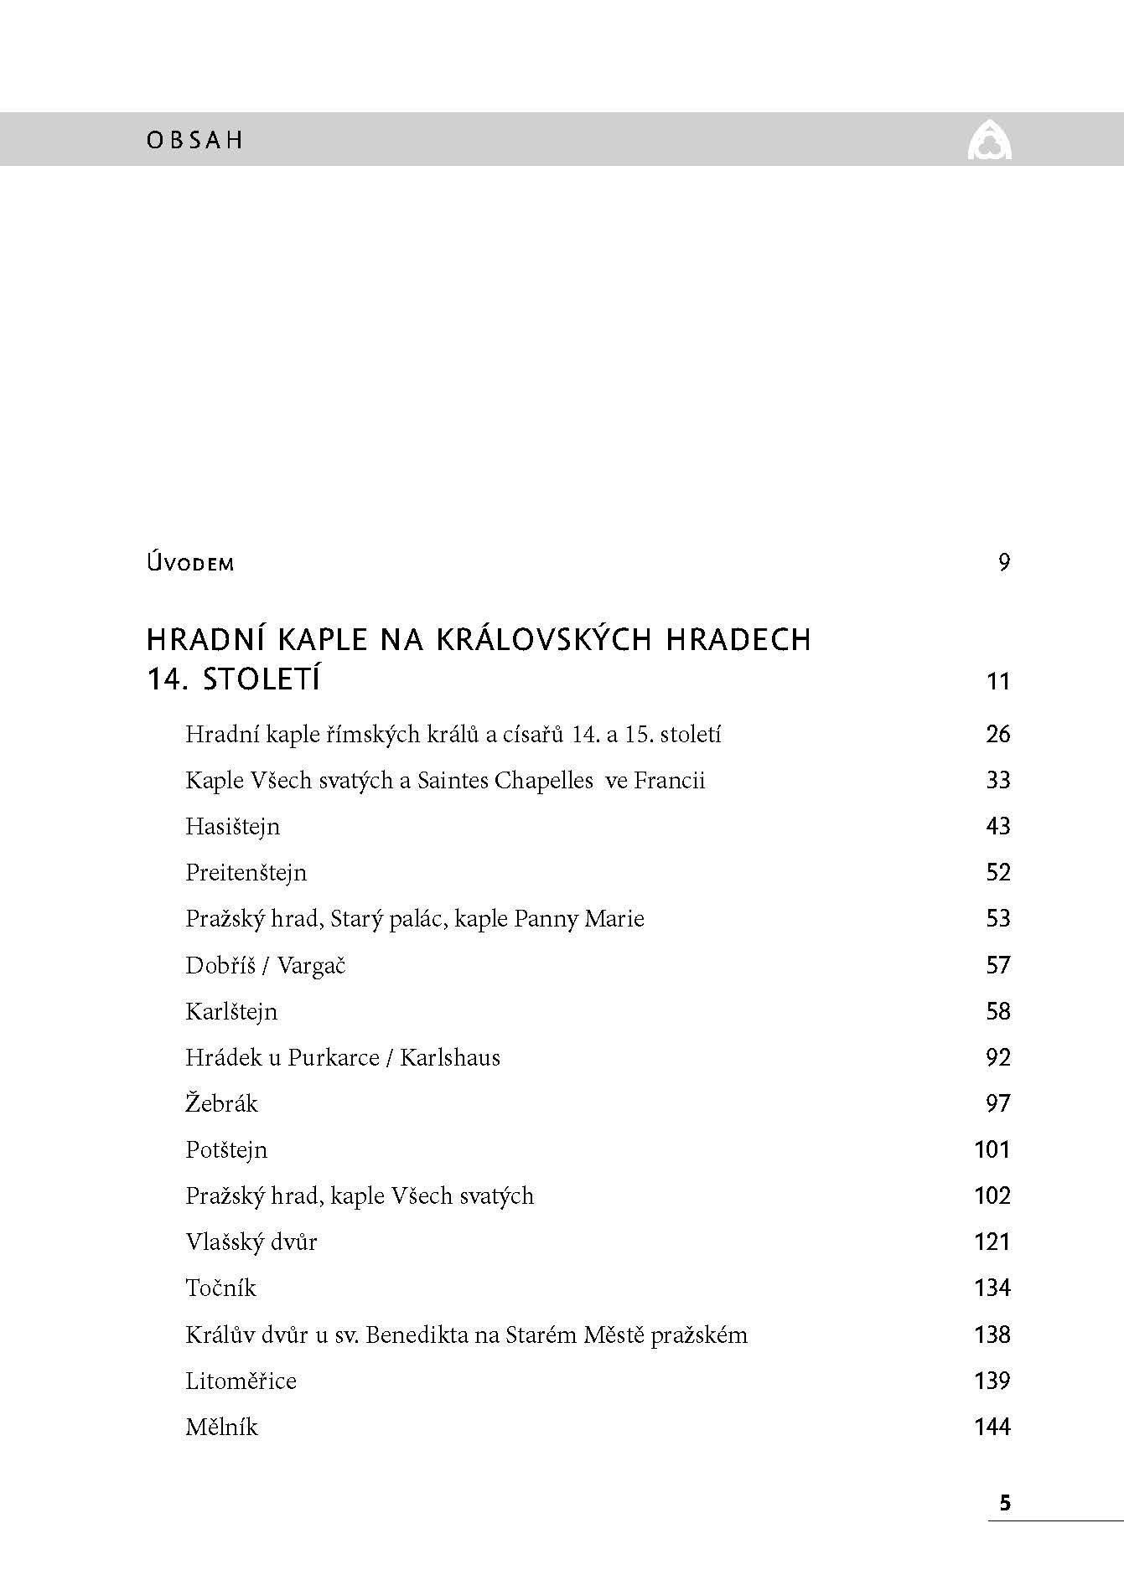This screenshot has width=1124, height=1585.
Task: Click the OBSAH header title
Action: [194, 140]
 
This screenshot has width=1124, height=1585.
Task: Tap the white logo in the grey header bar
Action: [989, 139]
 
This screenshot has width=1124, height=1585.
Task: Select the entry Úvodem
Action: [190, 563]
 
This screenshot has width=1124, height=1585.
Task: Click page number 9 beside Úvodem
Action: [1004, 562]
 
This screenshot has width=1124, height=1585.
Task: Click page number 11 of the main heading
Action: [997, 681]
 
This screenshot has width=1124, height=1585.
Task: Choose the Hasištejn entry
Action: [232, 827]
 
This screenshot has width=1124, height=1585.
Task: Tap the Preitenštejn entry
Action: [246, 873]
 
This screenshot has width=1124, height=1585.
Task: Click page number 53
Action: [997, 919]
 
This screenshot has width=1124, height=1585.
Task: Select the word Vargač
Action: [311, 966]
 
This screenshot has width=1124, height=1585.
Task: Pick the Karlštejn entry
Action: [230, 1012]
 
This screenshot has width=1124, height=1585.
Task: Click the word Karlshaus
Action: [449, 1058]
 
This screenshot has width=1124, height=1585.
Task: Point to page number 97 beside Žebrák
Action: [997, 1104]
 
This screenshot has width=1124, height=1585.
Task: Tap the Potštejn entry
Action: [226, 1150]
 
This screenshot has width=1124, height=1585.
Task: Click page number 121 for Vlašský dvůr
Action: [992, 1242]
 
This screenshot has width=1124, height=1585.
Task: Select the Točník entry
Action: [220, 1288]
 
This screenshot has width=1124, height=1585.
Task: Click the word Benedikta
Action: [417, 1335]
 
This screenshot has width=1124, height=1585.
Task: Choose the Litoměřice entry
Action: [241, 1381]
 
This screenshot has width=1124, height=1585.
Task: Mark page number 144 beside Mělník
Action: [992, 1427]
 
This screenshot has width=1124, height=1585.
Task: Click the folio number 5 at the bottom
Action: [1005, 1503]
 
